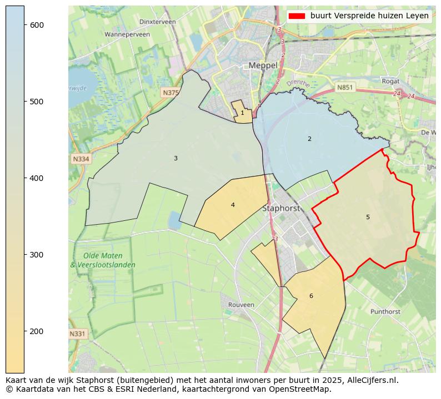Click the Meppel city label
[263, 65]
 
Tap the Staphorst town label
[280, 209]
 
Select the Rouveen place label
[241, 305]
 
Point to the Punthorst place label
[385, 312]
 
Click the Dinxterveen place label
[158, 22]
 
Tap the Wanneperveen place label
[127, 34]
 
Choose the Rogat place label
[390, 81]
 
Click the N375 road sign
[171, 93]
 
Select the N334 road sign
[81, 159]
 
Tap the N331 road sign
[78, 334]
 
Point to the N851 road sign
[345, 87]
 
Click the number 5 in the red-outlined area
[368, 217]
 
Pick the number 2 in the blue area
[309, 139]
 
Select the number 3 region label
[176, 159]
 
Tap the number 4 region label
[233, 205]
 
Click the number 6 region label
[311, 296]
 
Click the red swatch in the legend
[297, 16]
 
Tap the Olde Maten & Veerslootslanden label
[103, 260]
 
